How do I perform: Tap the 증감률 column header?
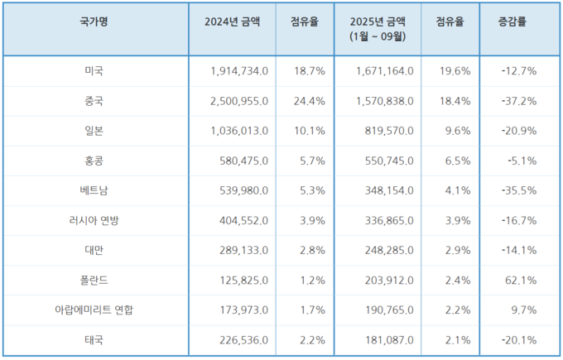(519, 22)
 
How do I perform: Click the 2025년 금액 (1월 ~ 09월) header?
(377, 29)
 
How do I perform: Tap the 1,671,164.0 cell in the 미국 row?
(380, 71)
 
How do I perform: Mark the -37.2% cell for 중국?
(519, 101)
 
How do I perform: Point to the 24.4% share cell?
(308, 101)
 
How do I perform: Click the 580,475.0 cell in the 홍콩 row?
(240, 161)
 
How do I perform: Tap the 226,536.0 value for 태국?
(240, 340)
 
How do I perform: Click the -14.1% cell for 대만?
(519, 251)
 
